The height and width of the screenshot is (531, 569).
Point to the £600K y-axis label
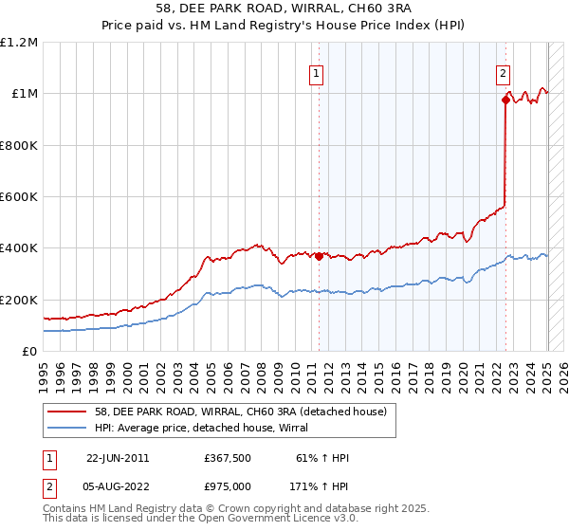19,197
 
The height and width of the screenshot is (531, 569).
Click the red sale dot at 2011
319,256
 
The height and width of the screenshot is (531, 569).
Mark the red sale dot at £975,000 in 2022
505,100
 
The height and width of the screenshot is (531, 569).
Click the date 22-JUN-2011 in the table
118,458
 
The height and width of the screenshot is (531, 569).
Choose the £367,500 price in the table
227,458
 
